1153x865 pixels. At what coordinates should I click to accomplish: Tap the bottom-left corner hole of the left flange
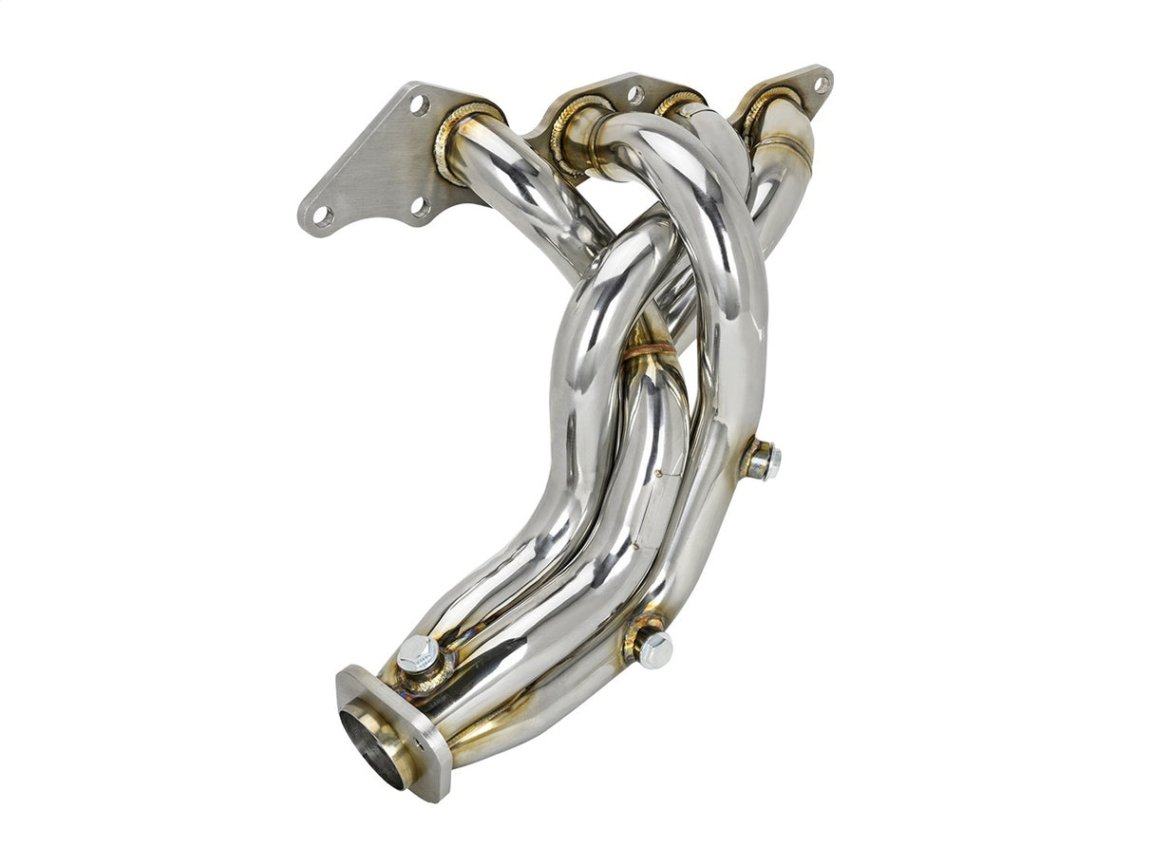[323, 216]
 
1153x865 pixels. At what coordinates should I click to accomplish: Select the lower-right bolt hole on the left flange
[419, 205]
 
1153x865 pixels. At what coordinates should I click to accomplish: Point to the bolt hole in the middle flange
[635, 94]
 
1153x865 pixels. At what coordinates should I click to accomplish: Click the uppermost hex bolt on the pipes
[763, 461]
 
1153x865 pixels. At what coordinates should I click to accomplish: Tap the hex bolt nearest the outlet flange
[418, 654]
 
